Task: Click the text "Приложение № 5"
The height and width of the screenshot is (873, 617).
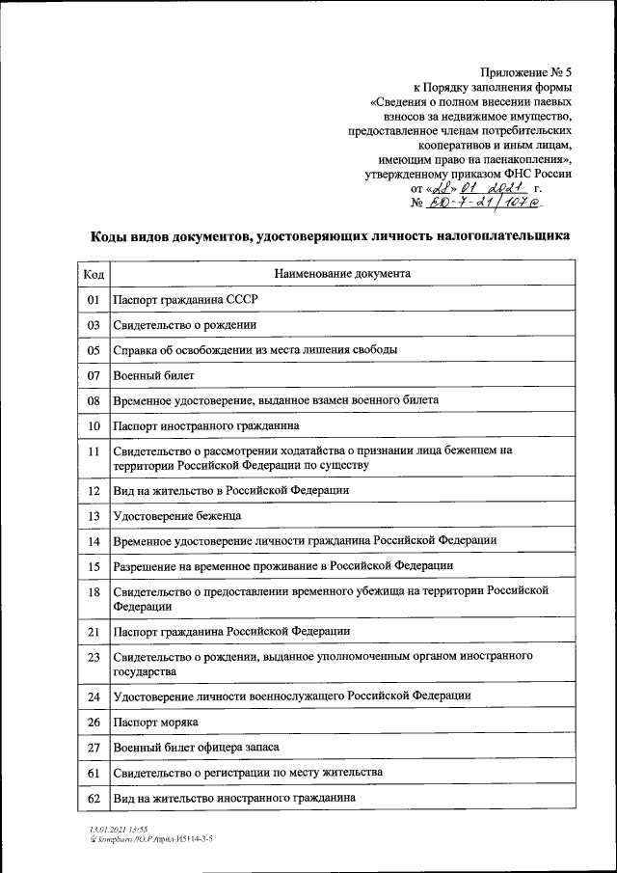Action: (524, 70)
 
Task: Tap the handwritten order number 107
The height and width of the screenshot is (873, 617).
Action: (515, 204)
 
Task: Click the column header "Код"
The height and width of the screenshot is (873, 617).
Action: (94, 274)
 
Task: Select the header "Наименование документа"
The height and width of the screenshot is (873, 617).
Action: (342, 274)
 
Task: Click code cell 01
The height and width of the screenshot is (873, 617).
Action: (94, 300)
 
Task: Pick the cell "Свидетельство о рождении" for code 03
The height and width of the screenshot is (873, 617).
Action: (184, 325)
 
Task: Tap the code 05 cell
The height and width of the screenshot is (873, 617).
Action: (94, 350)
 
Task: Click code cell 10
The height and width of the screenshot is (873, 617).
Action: (94, 425)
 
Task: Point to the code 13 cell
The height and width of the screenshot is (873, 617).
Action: (94, 516)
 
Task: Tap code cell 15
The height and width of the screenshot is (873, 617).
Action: (94, 566)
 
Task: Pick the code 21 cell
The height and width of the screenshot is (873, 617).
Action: (94, 632)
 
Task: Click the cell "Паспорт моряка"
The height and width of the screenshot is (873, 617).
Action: (155, 723)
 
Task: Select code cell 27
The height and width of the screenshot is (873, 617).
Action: (94, 748)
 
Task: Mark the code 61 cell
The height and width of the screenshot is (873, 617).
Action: (94, 774)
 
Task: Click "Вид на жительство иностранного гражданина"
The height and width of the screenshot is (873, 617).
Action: (234, 799)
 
